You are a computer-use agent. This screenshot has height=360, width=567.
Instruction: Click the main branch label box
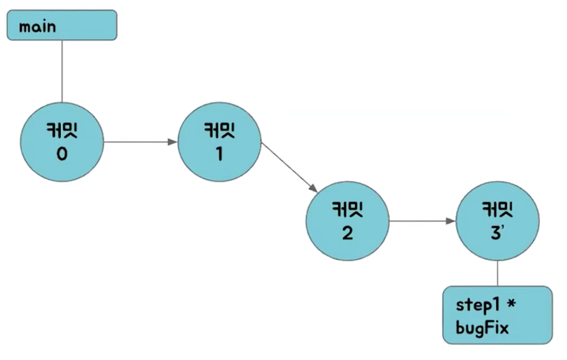coord(62,25)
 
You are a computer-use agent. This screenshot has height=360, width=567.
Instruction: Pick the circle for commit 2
coord(347,221)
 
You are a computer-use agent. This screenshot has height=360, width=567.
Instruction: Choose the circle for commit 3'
coord(497,221)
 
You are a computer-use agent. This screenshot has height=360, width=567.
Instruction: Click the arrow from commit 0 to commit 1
coord(140,142)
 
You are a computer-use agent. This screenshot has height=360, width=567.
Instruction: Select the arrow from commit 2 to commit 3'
coord(421,221)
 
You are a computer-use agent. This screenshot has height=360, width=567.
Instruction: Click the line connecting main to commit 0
coord(62,71)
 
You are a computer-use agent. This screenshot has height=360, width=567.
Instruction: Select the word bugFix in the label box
coord(482,328)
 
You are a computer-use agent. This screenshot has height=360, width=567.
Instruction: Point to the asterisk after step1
coord(513,304)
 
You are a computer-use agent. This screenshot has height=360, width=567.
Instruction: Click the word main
coord(37,27)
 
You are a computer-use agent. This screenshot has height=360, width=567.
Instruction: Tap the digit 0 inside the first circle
coord(62,155)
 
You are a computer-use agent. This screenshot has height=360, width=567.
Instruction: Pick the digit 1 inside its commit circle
coord(219,155)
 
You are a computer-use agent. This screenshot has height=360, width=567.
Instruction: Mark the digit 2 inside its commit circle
coord(347,234)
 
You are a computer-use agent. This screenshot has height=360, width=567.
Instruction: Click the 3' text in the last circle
coord(497,234)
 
